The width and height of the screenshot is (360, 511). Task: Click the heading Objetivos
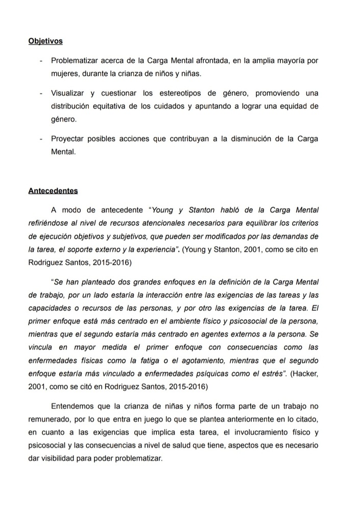(45, 41)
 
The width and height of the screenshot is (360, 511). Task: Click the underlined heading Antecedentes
(53, 191)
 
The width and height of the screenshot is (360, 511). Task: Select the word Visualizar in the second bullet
(68, 94)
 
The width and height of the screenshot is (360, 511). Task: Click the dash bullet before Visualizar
(40, 94)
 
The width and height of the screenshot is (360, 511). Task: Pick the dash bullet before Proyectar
(40, 139)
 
